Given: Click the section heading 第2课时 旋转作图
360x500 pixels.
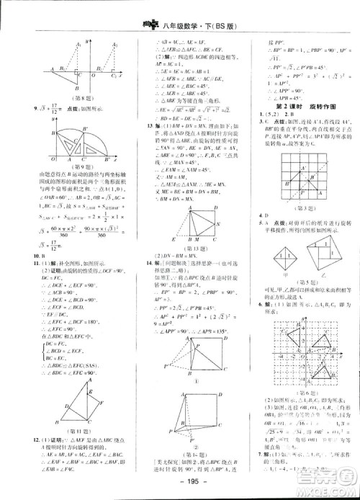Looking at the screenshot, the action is tap(292, 107).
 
